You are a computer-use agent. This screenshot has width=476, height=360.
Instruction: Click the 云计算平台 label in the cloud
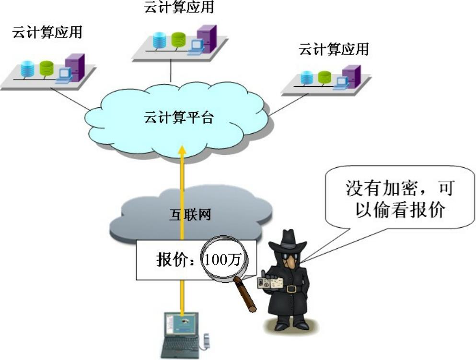tap(179, 117)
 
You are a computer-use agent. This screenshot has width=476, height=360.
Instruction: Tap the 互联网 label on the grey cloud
tap(190, 215)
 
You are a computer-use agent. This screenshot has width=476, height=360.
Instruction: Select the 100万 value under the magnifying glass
tap(222, 260)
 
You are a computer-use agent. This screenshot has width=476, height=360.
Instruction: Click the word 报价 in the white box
tap(171, 260)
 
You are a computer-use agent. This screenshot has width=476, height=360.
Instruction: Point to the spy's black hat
tap(290, 241)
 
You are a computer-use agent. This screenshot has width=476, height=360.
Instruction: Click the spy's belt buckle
tap(291, 289)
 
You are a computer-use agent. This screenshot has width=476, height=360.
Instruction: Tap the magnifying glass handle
tap(245, 294)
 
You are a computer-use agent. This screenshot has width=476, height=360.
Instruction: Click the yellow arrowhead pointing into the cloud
tap(182, 151)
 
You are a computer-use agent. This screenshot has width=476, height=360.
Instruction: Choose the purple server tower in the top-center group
tap(207, 39)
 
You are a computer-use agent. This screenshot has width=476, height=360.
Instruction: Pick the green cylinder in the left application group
tap(46, 69)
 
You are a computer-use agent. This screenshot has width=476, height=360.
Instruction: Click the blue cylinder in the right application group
tap(307, 77)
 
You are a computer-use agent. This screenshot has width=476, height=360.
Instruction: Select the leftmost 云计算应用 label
tap(47, 32)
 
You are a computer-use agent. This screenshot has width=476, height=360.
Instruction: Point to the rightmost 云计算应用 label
tap(334, 49)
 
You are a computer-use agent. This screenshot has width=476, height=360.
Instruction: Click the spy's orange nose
tap(291, 262)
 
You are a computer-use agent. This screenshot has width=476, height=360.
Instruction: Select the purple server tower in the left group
tap(75, 68)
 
